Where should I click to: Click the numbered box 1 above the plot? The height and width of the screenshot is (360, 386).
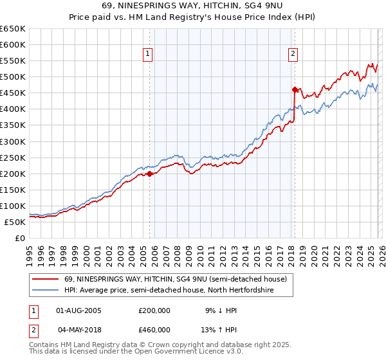point(149,54)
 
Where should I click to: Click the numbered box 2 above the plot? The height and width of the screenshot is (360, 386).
point(293,54)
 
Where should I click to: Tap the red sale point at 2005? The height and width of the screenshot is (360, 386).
point(149,173)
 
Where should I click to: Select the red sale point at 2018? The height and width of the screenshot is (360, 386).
point(295,89)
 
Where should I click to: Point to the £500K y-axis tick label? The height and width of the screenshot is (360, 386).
point(13,77)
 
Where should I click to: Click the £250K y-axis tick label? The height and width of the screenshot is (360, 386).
point(13,157)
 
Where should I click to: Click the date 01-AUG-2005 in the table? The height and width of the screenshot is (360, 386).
point(78,310)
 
